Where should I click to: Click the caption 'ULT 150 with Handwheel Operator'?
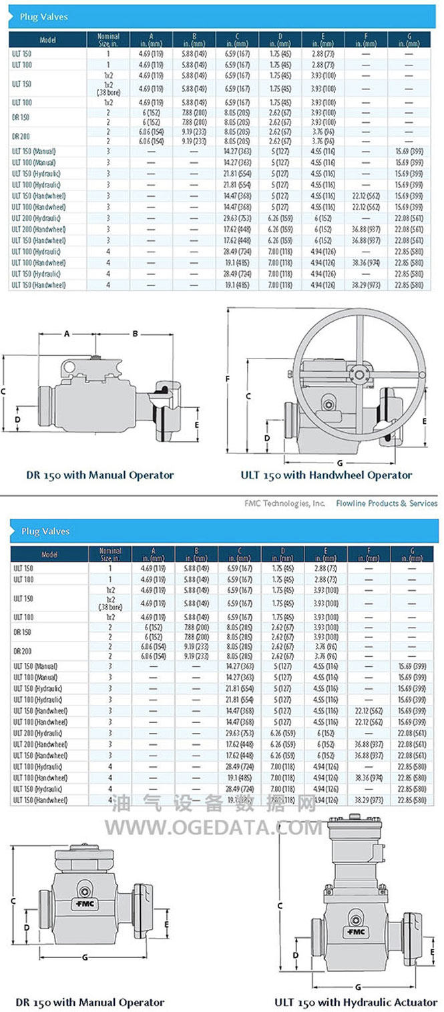(x=326, y=475)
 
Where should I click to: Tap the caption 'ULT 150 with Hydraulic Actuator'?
(x=356, y=1002)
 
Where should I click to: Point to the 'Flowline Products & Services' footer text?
(x=387, y=503)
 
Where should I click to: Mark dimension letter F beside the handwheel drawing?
(x=228, y=379)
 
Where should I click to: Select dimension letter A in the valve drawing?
(x=67, y=334)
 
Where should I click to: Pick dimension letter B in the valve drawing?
(x=135, y=334)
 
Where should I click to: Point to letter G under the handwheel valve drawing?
(x=340, y=463)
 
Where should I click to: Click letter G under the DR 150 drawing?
(x=85, y=957)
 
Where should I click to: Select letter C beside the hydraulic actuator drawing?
(x=280, y=905)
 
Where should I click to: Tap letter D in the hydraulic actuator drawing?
(x=296, y=955)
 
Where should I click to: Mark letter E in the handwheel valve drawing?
(x=425, y=421)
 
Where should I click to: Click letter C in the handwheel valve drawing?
(x=249, y=396)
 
